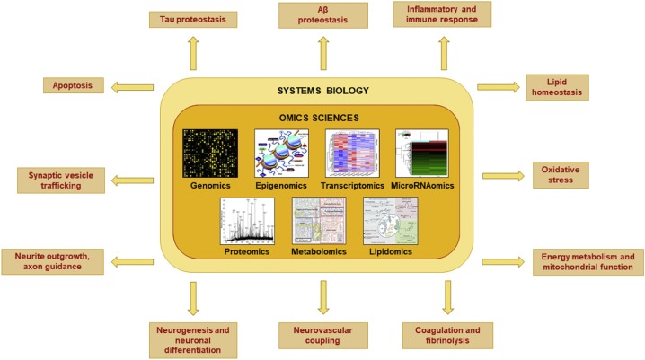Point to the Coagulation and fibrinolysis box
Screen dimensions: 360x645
pos(446,336)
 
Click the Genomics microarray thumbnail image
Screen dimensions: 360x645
pos(208,152)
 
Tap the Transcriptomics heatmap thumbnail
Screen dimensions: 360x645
pos(352,152)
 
